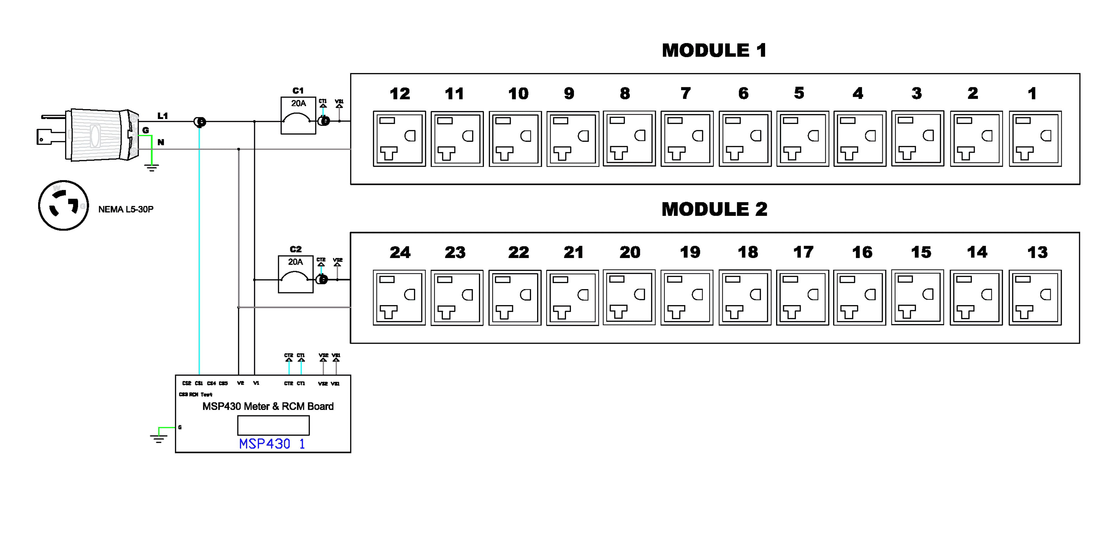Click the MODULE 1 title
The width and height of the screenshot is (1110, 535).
(x=714, y=50)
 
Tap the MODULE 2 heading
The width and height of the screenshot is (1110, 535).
(x=714, y=209)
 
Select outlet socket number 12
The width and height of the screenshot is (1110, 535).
(x=399, y=139)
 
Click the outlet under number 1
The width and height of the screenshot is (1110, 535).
(x=1035, y=139)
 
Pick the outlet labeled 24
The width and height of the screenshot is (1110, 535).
(x=399, y=298)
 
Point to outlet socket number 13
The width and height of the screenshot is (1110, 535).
(x=1035, y=298)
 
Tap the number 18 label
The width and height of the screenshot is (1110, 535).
(x=748, y=252)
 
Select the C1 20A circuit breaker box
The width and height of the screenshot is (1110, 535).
(x=298, y=116)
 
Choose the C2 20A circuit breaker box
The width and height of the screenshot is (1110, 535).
(x=296, y=274)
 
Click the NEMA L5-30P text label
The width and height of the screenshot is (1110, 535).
(x=126, y=209)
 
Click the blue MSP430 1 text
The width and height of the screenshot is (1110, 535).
(x=272, y=444)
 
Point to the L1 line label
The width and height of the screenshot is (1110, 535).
(x=162, y=116)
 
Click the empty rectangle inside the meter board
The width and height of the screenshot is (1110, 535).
(x=273, y=425)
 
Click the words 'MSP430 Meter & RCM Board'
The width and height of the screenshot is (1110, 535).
(x=268, y=406)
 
